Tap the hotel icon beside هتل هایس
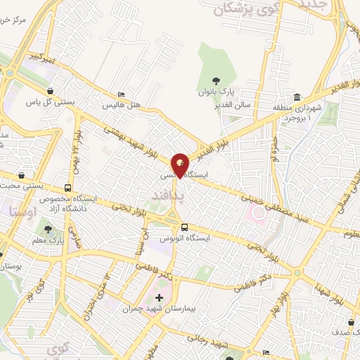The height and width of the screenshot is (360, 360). [123, 94]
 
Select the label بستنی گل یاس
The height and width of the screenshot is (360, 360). [51, 102]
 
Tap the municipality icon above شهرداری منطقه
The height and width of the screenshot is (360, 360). [297, 97]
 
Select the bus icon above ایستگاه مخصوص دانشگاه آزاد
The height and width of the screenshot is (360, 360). [67, 188]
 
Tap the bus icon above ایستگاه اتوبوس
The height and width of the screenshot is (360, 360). [184, 227]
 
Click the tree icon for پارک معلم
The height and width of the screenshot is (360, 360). [47, 229]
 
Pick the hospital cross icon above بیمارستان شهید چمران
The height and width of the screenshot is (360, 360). [159, 298]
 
